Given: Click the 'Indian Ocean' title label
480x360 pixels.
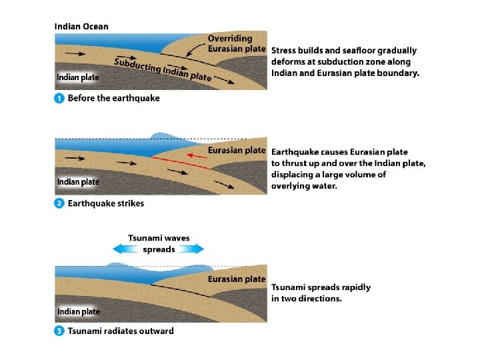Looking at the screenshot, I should (81, 27).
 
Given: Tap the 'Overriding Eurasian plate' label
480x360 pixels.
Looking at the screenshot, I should (237, 43).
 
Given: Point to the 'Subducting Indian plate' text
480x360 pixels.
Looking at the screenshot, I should (163, 69).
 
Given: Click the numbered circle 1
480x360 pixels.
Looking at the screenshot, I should (59, 98).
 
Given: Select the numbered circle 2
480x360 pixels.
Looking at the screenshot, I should (59, 203).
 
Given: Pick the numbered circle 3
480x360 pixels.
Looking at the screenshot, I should (59, 331).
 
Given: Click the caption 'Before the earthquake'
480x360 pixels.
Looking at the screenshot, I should (114, 98).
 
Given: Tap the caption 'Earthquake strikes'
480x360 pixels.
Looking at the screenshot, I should (106, 203).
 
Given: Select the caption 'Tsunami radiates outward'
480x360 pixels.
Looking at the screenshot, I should (121, 331).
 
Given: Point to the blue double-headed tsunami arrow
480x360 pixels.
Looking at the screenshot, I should (158, 249).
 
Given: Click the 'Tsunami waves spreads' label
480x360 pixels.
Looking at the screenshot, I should (159, 243).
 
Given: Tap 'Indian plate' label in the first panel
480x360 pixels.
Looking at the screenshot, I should (78, 77).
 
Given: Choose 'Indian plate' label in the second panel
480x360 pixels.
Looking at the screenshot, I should (78, 181).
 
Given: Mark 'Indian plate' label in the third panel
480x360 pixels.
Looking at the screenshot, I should (78, 311).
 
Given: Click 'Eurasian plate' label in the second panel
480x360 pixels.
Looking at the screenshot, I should (237, 150).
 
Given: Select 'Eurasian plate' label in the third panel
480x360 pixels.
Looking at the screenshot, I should (237, 279).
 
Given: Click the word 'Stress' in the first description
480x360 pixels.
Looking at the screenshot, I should (286, 50).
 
